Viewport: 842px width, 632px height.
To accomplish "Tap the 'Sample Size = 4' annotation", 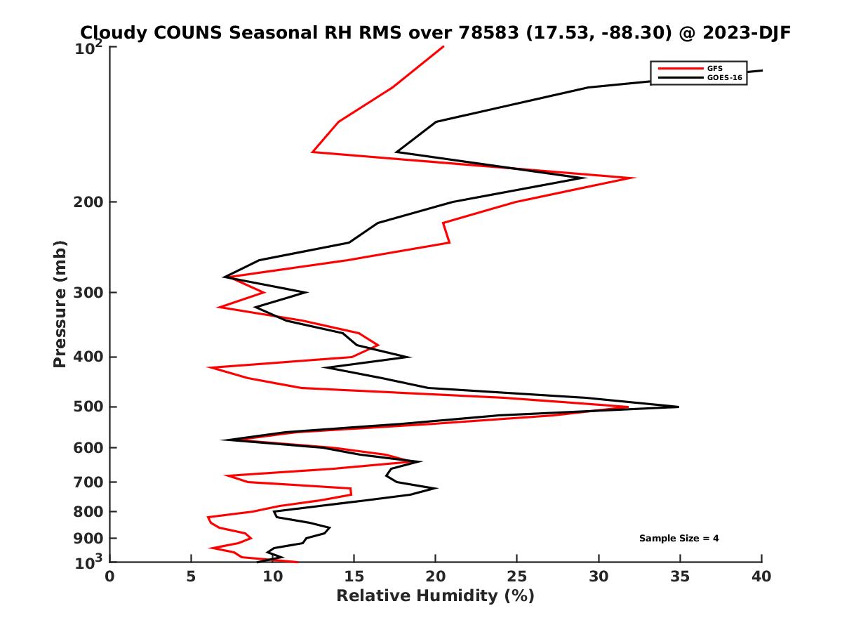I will pos(679,539).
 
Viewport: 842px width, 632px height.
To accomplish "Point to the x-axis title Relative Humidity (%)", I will pos(435,596).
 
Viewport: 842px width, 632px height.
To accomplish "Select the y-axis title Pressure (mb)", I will pos(60,303).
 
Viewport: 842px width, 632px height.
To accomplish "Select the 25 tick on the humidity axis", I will pos(517,577).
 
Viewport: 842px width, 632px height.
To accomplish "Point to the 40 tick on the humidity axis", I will pos(761,577).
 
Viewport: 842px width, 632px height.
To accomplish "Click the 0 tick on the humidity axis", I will pos(109,577).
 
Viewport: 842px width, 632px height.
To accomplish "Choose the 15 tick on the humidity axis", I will pos(354,577).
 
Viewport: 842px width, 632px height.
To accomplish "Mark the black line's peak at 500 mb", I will pos(679,407).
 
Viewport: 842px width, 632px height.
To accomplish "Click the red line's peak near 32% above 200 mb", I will pos(634,178).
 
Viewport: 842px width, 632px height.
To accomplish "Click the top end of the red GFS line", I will pos(443,46).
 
